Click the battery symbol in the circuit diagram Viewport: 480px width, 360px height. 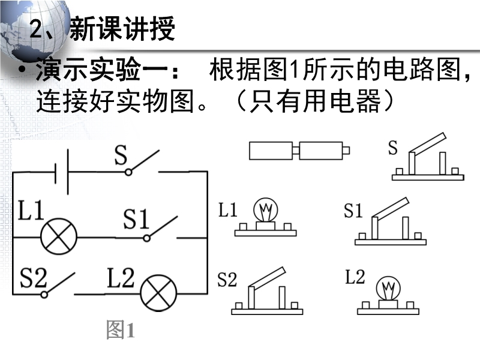pos(61,171)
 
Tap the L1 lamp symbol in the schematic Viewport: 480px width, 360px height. pos(58,236)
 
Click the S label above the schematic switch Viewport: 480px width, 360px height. pos(121,157)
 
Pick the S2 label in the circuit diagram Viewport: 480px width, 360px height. pos(34,278)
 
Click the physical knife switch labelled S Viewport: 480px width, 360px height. pos(428,159)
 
